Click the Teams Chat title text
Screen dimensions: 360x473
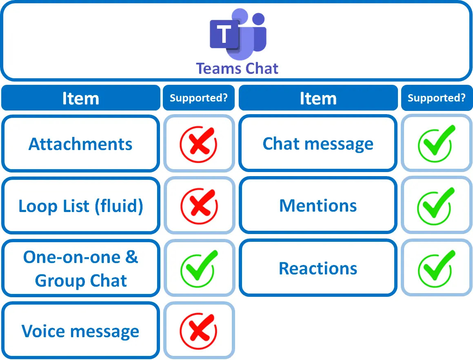point(237,68)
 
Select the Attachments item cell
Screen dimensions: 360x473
point(80,144)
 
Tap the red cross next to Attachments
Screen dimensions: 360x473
point(199,144)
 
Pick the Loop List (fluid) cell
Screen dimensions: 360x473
point(80,206)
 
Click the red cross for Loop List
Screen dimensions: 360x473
point(199,205)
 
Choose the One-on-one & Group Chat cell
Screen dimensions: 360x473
point(80,268)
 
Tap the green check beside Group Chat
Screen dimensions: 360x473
point(199,268)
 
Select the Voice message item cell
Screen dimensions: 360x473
point(80,331)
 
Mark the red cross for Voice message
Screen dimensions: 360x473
point(199,330)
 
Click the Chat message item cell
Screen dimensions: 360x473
point(318,144)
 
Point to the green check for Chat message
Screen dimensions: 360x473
point(436,144)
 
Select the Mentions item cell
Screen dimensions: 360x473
point(318,205)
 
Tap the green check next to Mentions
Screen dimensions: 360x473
point(436,205)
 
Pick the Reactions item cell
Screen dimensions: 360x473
point(318,268)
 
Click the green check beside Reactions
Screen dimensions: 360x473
point(436,268)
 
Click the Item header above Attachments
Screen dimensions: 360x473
point(80,98)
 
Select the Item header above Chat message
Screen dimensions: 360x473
point(318,98)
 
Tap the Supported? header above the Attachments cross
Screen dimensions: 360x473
point(199,98)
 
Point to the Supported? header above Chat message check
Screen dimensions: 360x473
point(436,98)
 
